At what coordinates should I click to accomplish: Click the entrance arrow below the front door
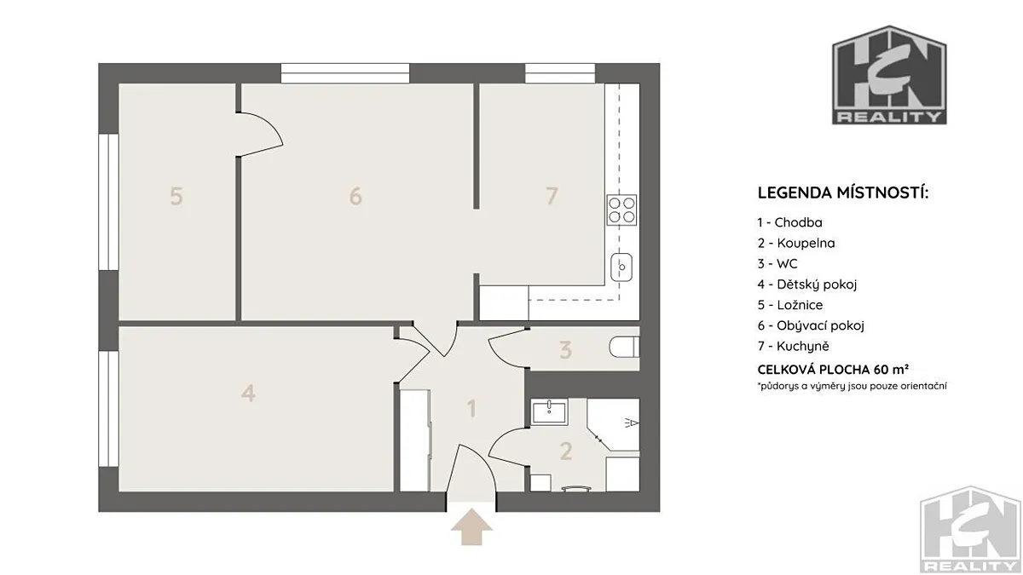(471, 527)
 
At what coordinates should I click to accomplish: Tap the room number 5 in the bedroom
(176, 196)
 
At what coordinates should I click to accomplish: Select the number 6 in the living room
(355, 196)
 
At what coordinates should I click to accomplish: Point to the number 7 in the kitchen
(552, 196)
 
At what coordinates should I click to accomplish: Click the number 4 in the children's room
(248, 393)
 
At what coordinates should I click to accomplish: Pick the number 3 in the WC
(565, 350)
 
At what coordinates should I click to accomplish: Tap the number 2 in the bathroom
(566, 451)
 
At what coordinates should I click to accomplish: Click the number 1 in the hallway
(471, 408)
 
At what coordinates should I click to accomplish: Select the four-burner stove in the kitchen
(621, 210)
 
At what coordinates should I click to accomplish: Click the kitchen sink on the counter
(621, 267)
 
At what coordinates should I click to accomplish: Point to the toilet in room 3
(624, 348)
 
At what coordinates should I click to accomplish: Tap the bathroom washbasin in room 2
(549, 411)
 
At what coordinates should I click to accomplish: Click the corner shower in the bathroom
(613, 425)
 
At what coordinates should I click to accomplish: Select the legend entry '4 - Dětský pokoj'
(807, 285)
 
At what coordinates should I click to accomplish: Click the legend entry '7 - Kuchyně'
(794, 346)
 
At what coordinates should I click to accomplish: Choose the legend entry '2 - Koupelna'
(796, 243)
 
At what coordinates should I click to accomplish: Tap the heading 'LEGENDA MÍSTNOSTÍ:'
(843, 193)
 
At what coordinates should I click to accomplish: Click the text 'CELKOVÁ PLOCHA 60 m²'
(833, 369)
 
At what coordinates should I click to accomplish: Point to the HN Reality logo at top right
(889, 75)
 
